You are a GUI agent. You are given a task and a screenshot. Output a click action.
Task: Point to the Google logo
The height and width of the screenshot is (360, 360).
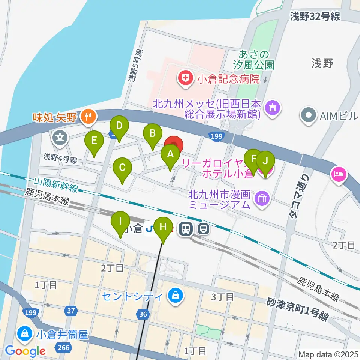(25, 351)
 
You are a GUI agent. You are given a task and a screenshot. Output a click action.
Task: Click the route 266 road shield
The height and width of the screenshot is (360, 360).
(64, 348)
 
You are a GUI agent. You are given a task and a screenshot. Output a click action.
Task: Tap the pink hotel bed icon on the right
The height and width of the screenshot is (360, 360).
(339, 175)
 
